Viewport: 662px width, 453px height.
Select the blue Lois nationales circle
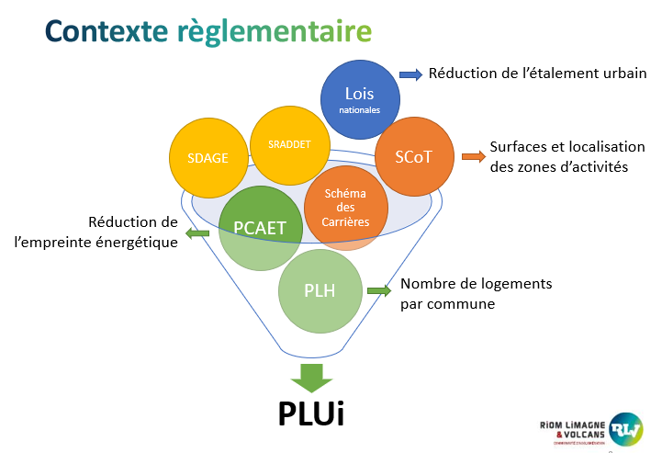tap(360, 99)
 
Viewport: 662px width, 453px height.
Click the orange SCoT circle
tap(413, 156)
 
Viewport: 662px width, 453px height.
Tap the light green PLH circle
tap(319, 291)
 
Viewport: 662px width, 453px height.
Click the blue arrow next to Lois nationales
tap(410, 74)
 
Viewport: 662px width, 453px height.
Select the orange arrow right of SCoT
tap(473, 156)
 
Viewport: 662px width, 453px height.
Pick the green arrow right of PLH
tap(380, 291)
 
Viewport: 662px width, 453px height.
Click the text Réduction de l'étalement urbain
tap(536, 74)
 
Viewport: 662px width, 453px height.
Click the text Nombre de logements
tap(476, 284)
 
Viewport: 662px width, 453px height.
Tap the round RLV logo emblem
tap(629, 427)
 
